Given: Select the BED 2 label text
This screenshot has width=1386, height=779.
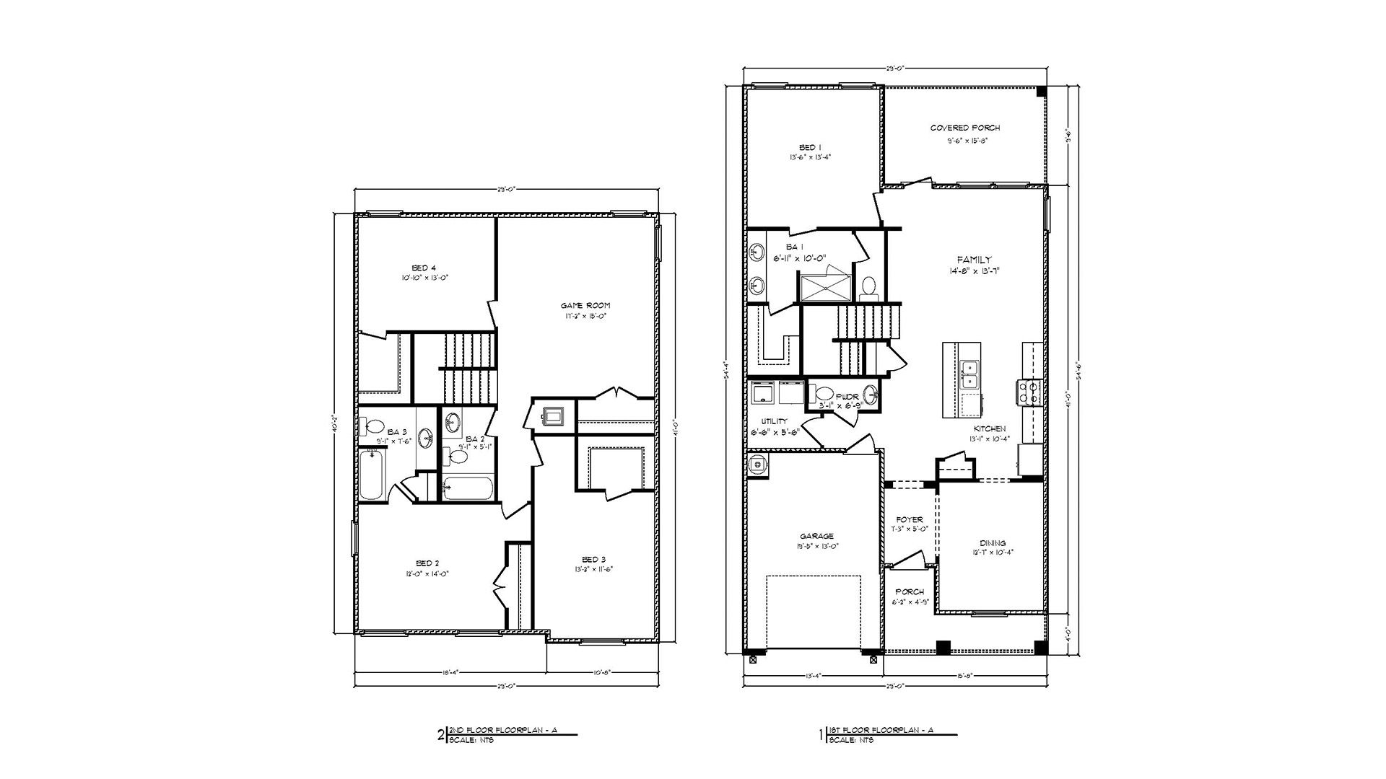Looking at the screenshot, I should tap(427, 563).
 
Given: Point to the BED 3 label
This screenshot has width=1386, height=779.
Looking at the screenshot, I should tap(594, 559).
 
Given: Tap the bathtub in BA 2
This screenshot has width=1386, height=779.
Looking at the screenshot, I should tap(468, 488).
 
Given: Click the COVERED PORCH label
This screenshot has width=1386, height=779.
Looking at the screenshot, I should tap(965, 128).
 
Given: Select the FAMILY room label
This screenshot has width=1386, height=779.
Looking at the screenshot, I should tap(974, 260).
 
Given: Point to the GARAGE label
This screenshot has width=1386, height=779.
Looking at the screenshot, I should tap(816, 536).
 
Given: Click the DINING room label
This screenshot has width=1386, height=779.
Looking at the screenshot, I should tap(993, 543).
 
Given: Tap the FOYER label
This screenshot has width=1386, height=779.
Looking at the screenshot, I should tap(909, 519).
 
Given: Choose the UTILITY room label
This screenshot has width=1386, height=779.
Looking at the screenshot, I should tap(773, 421).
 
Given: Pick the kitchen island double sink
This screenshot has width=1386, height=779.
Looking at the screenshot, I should tap(971, 376).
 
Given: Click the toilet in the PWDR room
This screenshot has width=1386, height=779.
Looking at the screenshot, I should tap(824, 395).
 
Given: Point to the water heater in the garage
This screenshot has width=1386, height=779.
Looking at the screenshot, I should tap(757, 465).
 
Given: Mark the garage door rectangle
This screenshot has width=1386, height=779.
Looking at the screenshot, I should tap(814, 614).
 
